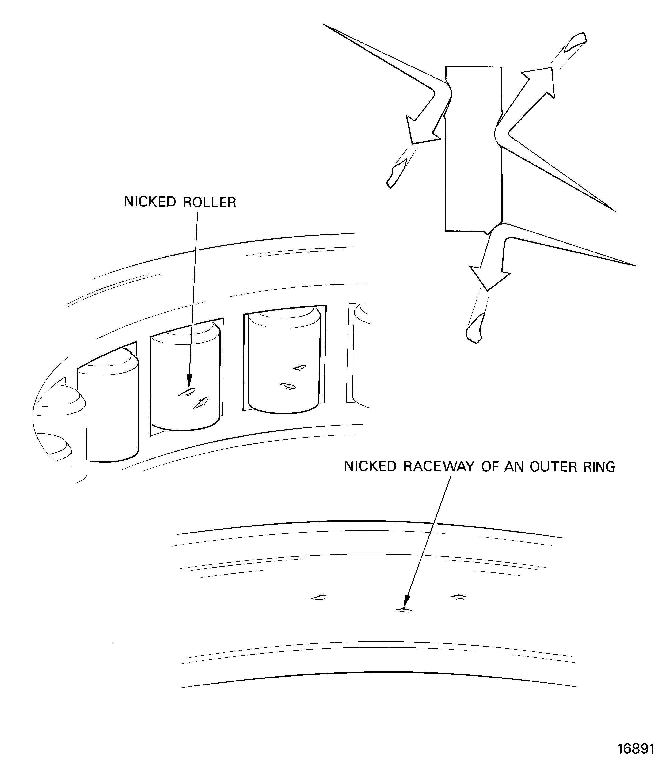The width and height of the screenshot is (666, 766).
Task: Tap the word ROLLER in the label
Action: pyautogui.click(x=210, y=202)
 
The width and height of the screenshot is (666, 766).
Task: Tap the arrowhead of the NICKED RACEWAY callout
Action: pyautogui.click(x=406, y=602)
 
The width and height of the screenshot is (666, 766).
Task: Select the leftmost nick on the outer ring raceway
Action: pyautogui.click(x=319, y=598)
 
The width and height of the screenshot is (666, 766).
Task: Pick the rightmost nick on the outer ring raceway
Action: pyautogui.click(x=459, y=597)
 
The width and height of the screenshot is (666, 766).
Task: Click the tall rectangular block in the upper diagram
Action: pyautogui.click(x=473, y=149)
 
